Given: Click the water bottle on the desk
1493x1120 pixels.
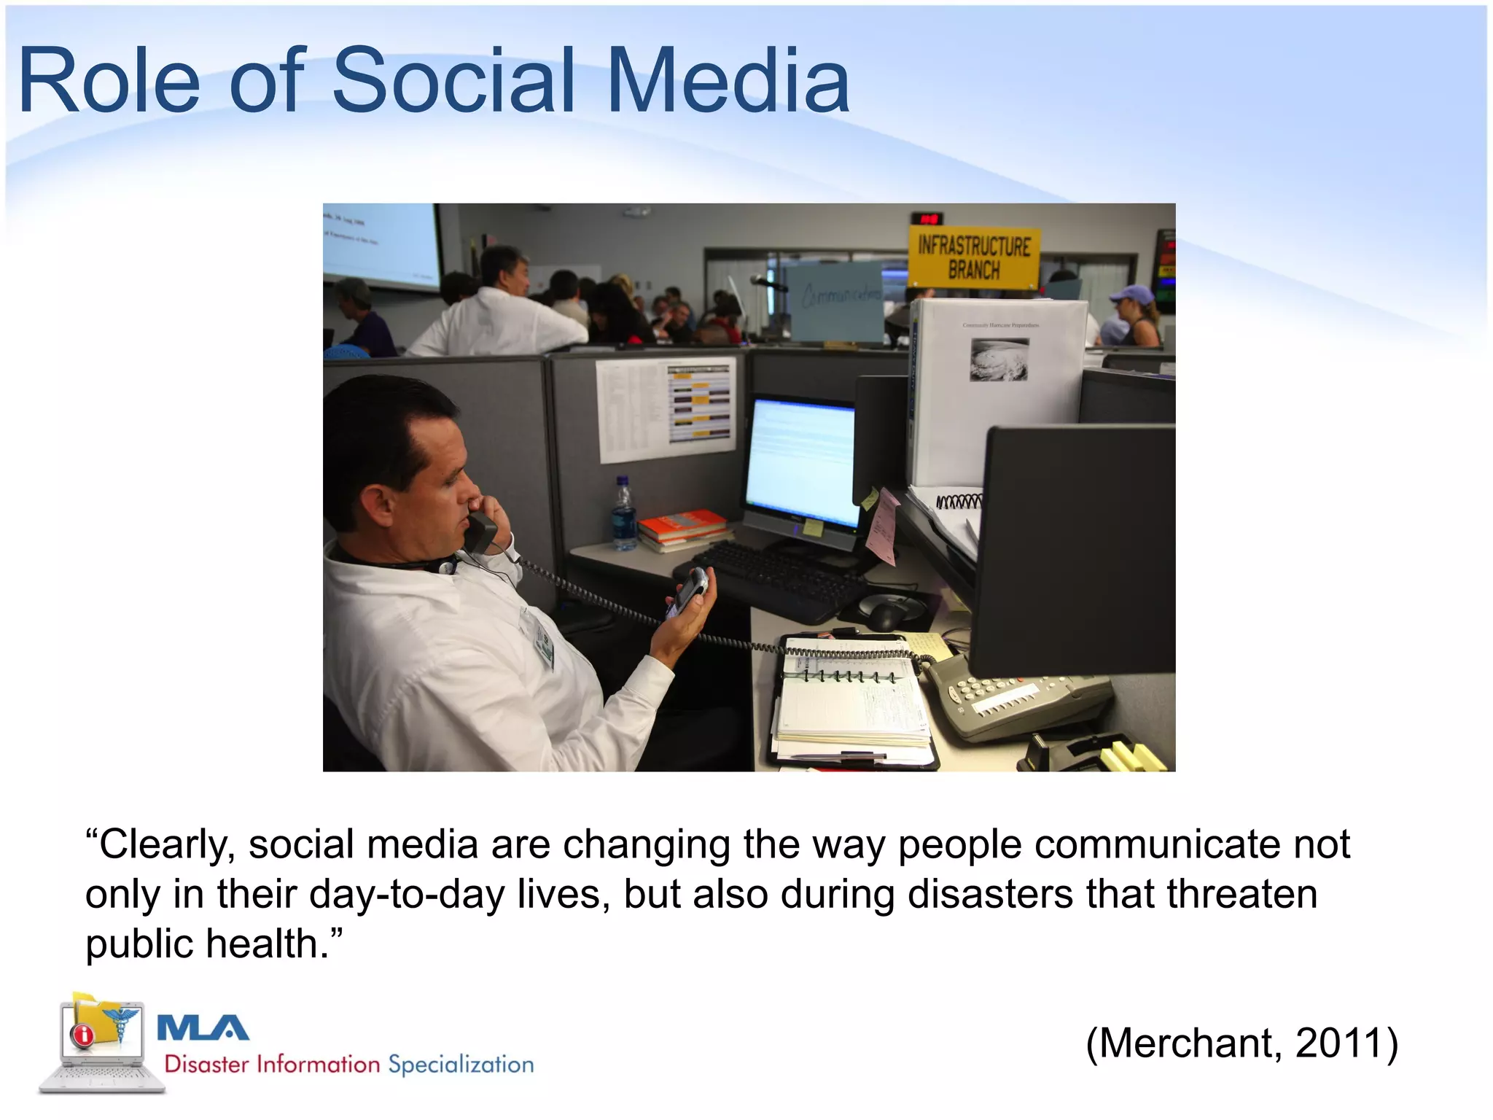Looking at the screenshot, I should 623,515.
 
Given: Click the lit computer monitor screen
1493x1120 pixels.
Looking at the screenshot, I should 802,463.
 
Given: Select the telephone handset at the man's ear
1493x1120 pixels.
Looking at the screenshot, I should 480,531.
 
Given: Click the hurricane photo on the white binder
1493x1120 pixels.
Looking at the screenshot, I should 998,359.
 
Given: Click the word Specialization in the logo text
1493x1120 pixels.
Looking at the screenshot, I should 461,1065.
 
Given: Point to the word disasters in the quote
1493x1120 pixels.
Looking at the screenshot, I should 990,894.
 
